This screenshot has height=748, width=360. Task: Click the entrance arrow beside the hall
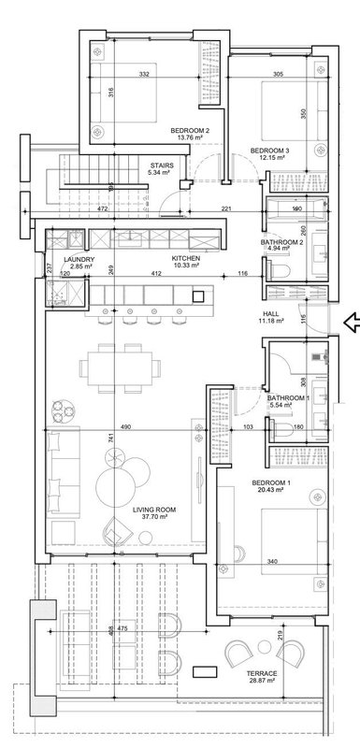[352, 322]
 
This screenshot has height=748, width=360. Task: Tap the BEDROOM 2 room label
[190, 130]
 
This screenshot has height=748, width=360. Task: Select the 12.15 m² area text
[270, 157]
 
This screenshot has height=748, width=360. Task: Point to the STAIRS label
[162, 166]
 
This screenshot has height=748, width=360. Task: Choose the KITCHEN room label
[186, 259]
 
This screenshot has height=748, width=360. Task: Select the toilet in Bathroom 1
[281, 430]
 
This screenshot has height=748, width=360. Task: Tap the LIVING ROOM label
[154, 510]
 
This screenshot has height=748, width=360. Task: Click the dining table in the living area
[120, 368]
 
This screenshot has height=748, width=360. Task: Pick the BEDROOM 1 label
[271, 482]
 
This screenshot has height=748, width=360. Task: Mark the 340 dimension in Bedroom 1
[272, 562]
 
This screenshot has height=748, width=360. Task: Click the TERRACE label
[261, 673]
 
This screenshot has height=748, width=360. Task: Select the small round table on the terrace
[265, 647]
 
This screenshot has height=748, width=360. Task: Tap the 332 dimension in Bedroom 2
[145, 75]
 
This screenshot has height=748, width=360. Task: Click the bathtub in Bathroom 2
[296, 208]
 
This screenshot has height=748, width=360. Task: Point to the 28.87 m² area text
[261, 681]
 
